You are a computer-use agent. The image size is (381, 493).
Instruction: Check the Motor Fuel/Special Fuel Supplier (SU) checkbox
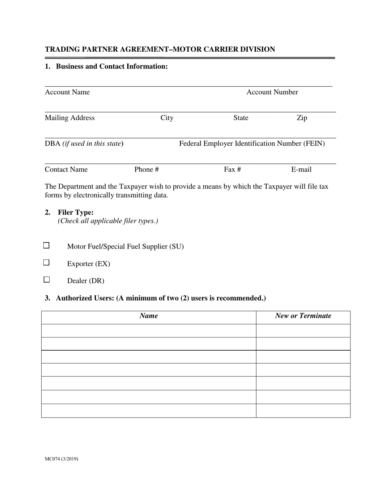click(47, 245)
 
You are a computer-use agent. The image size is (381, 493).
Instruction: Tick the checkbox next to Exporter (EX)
click(47, 263)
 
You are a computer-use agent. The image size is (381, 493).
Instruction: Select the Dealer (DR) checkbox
click(47, 280)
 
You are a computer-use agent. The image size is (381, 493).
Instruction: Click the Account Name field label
click(67, 92)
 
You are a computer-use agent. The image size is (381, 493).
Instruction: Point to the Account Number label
click(272, 92)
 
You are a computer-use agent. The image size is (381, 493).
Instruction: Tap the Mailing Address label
click(70, 118)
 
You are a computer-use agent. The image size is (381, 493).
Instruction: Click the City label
click(167, 118)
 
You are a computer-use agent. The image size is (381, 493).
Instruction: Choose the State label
click(241, 118)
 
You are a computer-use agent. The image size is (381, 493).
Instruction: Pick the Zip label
click(302, 118)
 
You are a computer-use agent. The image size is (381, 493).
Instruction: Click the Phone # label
click(146, 170)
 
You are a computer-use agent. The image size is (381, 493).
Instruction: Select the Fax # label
click(232, 170)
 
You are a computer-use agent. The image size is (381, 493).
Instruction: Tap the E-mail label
click(301, 170)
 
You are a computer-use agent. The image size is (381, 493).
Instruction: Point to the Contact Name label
click(66, 170)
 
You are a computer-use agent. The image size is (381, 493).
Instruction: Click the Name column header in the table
click(148, 316)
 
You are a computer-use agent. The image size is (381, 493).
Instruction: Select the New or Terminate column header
click(303, 316)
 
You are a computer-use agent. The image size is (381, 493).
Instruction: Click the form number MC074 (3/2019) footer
click(61, 459)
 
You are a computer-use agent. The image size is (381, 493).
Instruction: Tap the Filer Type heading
click(75, 212)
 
